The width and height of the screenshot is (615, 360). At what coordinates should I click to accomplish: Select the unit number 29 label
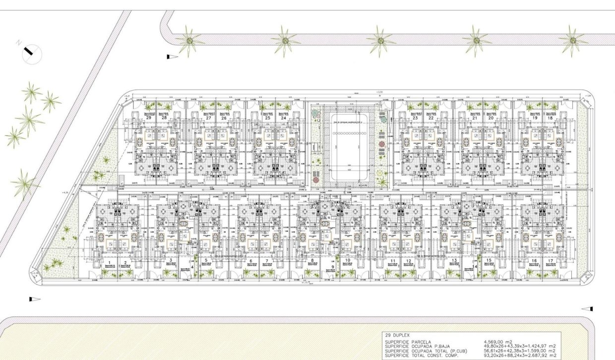tap(148, 118)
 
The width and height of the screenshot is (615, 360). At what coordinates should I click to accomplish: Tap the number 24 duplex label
tap(283, 118)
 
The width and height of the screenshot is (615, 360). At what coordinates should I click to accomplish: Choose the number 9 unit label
tap(333, 267)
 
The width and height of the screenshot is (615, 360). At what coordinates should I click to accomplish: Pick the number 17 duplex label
tap(550, 261)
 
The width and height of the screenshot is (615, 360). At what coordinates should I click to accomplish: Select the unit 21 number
tap(475, 118)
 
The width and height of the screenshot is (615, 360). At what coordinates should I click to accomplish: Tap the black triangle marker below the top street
tap(172, 57)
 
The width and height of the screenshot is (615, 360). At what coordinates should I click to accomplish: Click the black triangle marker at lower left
tap(34, 300)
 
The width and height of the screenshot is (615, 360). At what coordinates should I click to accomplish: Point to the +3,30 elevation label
tap(380, 92)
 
